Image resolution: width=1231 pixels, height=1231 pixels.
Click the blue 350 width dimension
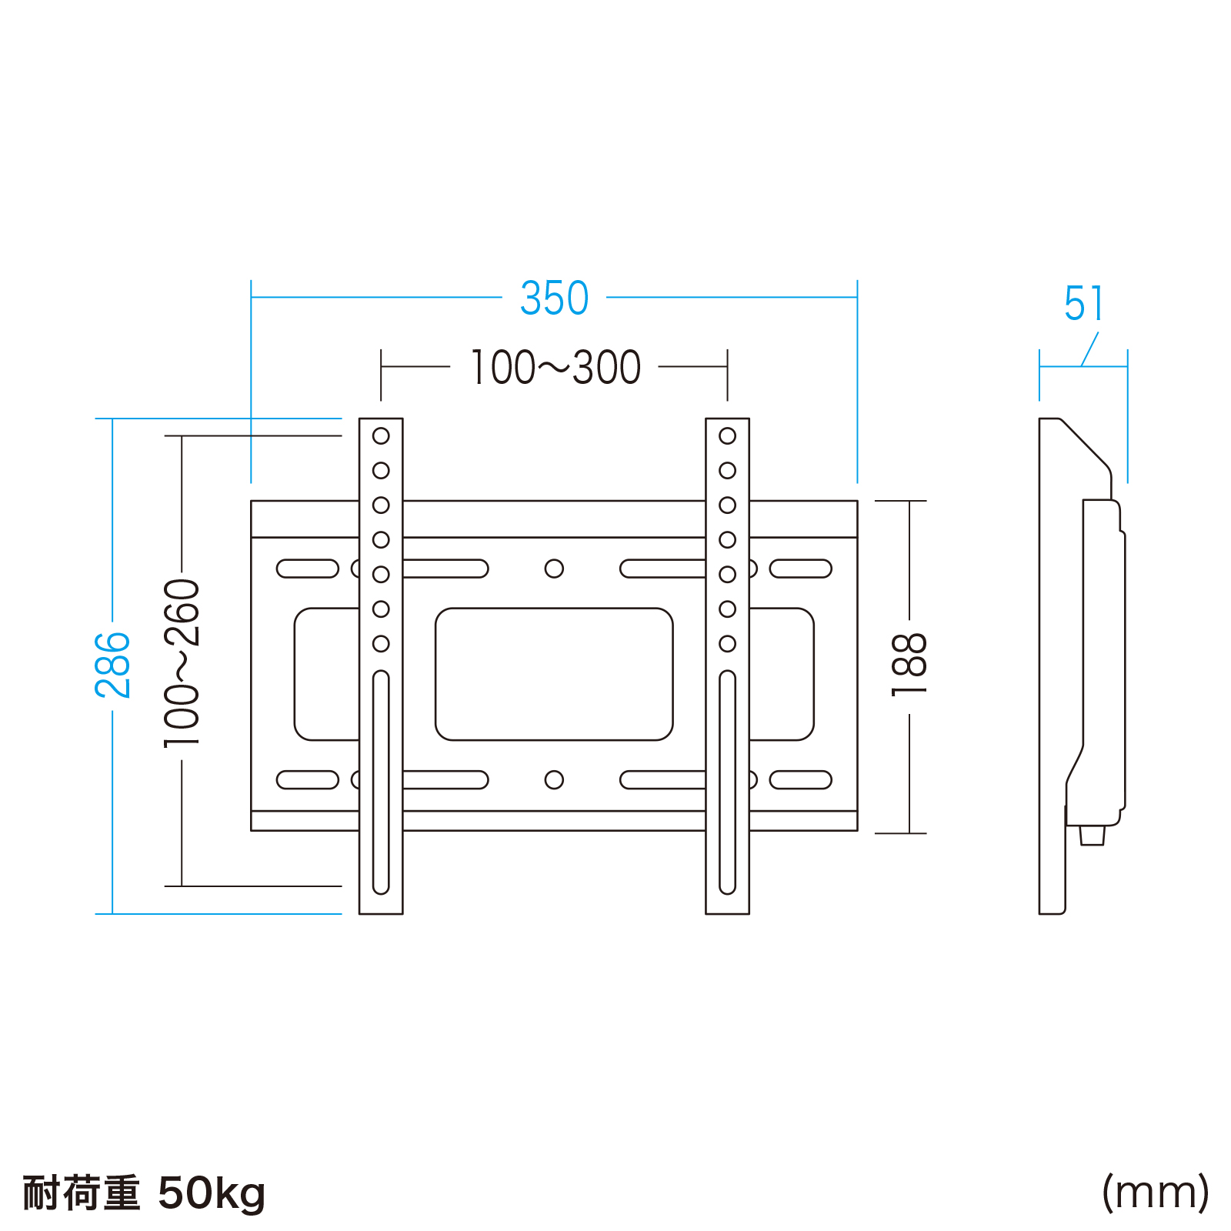(554, 299)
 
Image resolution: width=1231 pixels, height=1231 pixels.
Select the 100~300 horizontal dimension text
(555, 368)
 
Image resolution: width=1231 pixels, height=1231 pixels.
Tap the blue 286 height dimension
(113, 666)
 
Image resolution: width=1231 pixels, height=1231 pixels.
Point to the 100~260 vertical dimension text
(182, 663)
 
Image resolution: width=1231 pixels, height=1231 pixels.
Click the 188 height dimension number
(909, 666)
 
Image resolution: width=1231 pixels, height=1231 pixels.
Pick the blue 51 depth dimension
(1084, 304)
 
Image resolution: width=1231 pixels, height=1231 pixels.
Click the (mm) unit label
(1155, 1193)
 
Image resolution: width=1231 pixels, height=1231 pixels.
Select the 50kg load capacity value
(212, 1193)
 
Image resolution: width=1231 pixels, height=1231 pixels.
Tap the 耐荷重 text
(81, 1193)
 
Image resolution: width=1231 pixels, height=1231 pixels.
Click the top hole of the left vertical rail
(381, 436)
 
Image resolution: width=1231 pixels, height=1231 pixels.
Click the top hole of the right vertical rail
(727, 436)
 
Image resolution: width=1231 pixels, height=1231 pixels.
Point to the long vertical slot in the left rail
(381, 782)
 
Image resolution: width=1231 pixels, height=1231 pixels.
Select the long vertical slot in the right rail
(727, 782)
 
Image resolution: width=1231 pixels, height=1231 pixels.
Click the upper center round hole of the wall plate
(554, 569)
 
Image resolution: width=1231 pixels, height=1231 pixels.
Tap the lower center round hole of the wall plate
(554, 780)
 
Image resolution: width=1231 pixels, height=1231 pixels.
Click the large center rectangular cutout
(554, 674)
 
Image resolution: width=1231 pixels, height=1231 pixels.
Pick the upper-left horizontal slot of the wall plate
(308, 569)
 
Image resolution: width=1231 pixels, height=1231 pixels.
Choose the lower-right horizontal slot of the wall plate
(801, 780)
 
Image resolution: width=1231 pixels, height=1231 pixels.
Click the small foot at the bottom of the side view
(1093, 836)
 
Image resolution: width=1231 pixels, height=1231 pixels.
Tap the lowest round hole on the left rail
(381, 644)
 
